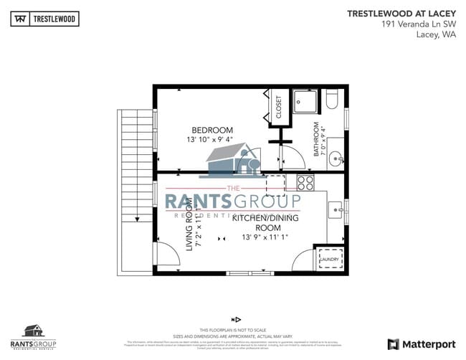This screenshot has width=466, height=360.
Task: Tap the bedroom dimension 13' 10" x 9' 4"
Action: pos(210,140)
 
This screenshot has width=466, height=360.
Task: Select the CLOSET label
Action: pos(278,108)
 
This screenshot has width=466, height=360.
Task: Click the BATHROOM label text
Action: pos(315,139)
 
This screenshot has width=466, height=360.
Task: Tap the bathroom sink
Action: pos(336,159)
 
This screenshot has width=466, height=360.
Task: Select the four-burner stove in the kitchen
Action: pos(305,182)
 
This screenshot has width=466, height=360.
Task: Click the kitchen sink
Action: pos(336,209)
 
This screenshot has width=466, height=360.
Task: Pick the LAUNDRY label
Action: pos(329,260)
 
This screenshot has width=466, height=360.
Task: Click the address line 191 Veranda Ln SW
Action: pos(418,24)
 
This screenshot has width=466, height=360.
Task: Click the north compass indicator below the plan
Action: pos(235,318)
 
